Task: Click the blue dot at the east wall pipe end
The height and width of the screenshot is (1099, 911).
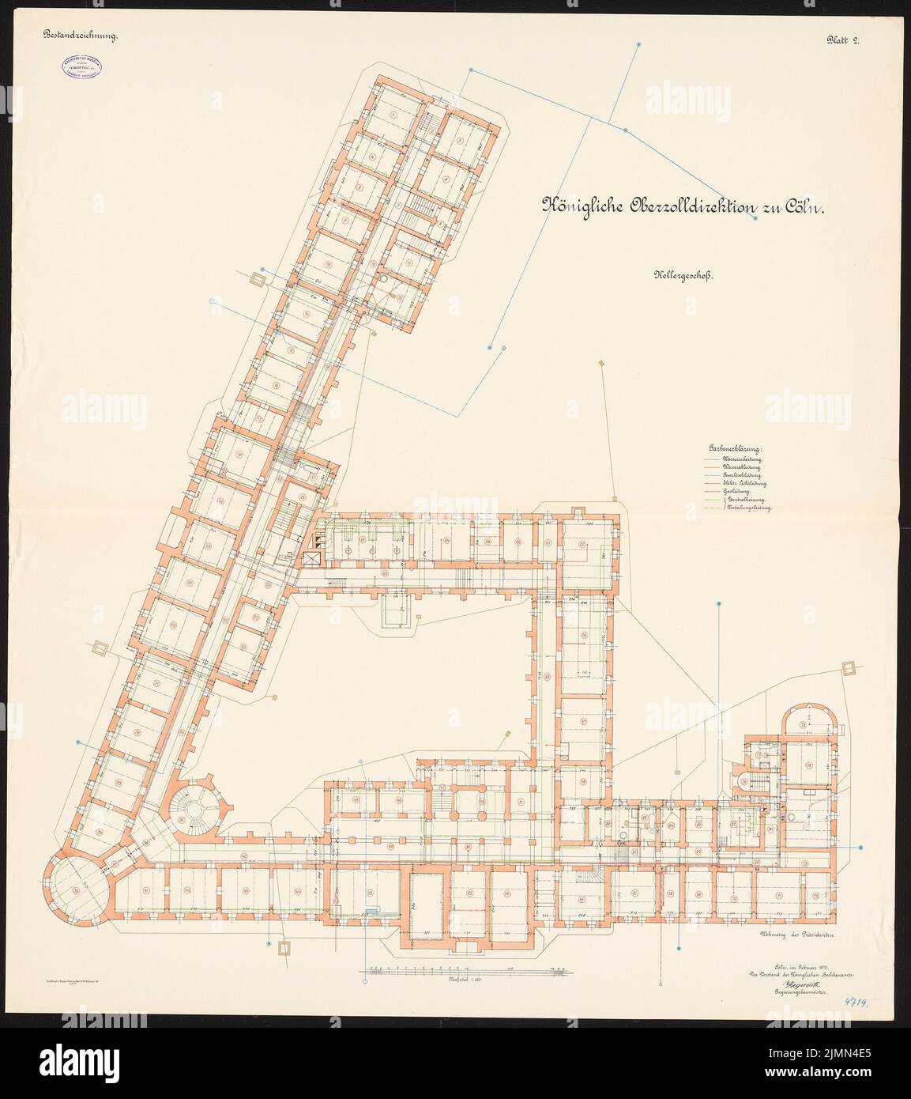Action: (x=860, y=848)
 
